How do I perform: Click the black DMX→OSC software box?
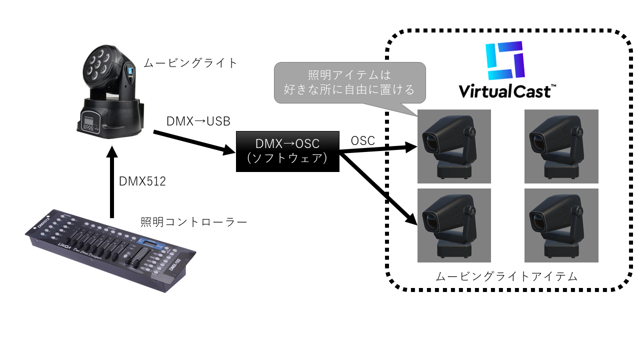click(x=287, y=151)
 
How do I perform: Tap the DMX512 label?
click(x=142, y=181)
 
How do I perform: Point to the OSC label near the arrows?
click(x=362, y=141)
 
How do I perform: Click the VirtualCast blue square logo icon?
click(x=505, y=60)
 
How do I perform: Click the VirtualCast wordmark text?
click(x=504, y=91)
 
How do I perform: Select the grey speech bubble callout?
click(x=349, y=82)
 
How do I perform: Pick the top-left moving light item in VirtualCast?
click(x=454, y=146)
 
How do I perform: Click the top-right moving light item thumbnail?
click(x=561, y=146)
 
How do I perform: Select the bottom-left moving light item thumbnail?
click(x=454, y=225)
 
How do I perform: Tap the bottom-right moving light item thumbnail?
click(x=561, y=225)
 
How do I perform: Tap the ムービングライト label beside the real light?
click(x=190, y=63)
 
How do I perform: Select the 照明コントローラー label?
click(x=194, y=222)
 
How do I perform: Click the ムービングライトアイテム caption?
click(x=506, y=276)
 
